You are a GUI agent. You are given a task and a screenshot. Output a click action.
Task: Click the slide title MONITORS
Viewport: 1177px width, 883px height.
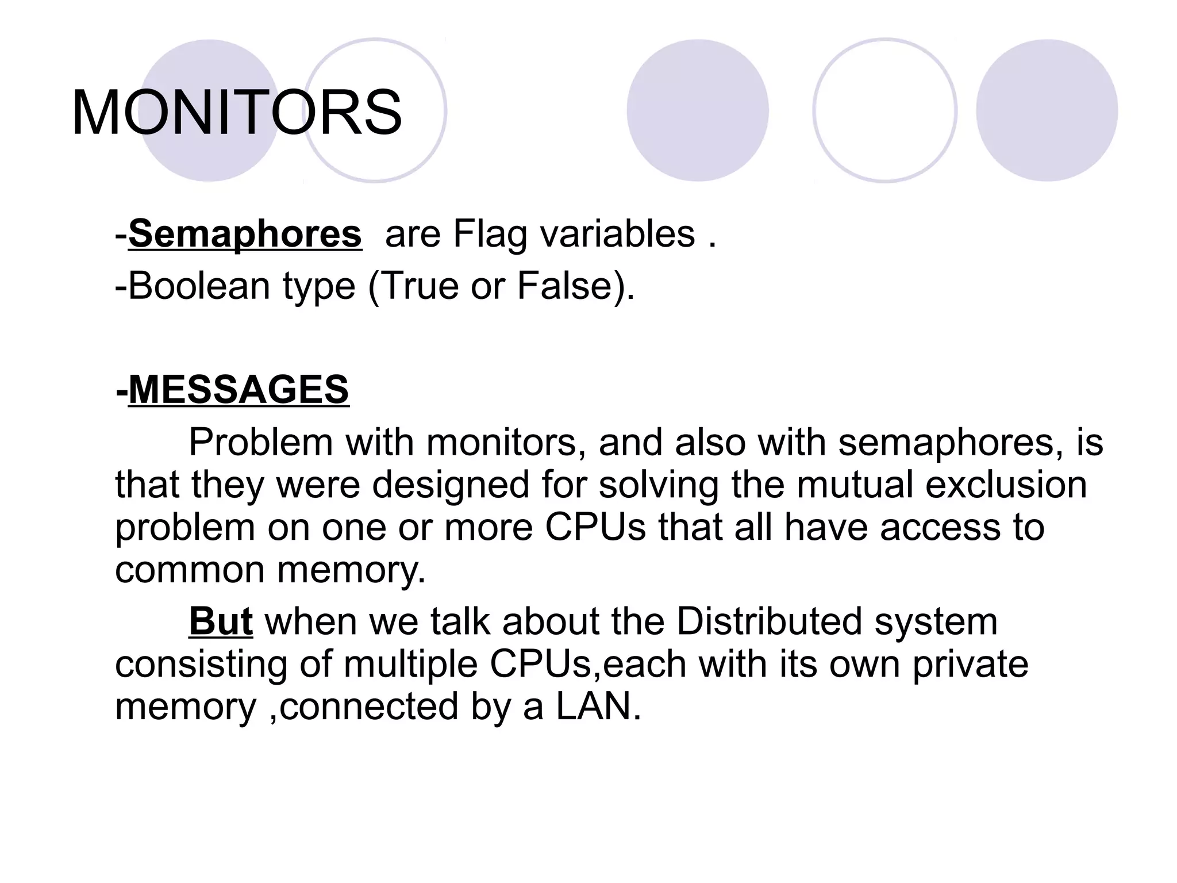point(236,113)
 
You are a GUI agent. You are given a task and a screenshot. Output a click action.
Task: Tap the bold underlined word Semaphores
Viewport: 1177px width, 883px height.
point(245,234)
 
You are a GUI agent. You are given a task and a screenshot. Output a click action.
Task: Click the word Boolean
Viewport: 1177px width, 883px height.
point(199,286)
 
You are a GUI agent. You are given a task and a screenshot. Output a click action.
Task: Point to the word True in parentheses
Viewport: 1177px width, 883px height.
point(419,286)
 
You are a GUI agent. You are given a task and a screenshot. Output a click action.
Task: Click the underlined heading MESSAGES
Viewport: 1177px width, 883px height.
point(238,390)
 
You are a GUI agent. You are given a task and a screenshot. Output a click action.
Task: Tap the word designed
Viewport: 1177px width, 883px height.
point(450,484)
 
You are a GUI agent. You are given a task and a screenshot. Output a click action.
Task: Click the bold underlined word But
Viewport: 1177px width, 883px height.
point(221,621)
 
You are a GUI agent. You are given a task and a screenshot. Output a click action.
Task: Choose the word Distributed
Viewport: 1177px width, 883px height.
point(769,621)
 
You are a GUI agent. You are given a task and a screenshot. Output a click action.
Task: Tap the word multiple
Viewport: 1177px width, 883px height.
point(410,664)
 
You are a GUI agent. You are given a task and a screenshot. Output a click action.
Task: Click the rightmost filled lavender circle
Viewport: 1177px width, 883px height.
point(1047,110)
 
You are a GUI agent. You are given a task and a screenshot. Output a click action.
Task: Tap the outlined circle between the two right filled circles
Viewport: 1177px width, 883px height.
point(884,110)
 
